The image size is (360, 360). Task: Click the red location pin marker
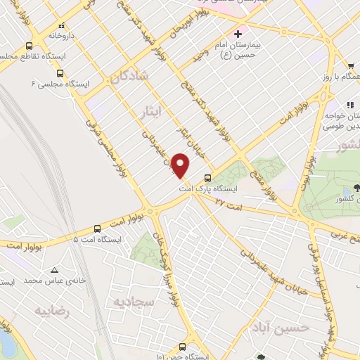point(181,164)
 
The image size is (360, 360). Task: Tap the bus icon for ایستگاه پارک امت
point(207,178)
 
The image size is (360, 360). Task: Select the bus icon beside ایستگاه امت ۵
point(97,229)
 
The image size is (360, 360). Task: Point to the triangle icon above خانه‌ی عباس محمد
point(54,270)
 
